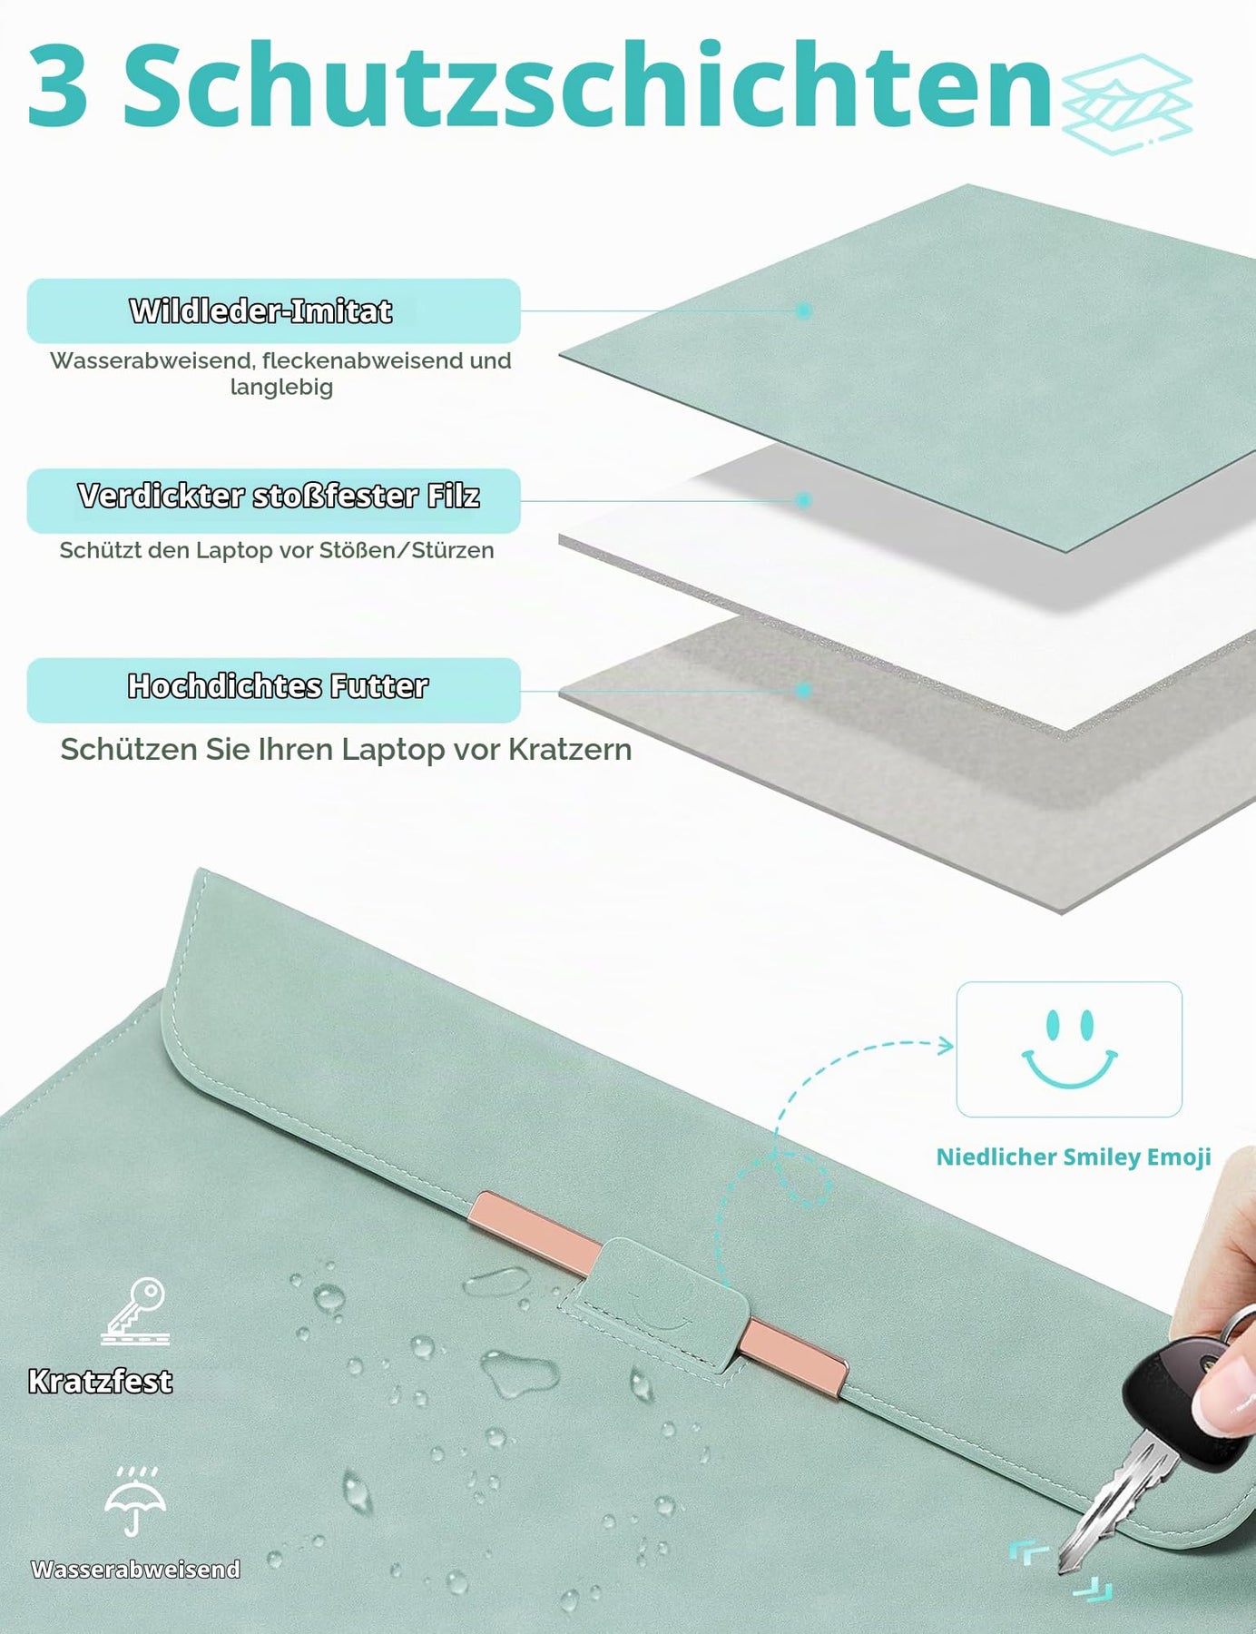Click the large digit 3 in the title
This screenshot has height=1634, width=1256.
(58, 84)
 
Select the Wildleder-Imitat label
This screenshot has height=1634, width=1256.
(260, 310)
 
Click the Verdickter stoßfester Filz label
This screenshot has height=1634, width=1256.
(279, 496)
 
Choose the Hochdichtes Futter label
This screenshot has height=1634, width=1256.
(278, 685)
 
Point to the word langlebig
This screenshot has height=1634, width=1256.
(281, 388)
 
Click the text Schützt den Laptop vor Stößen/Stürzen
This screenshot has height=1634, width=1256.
(277, 550)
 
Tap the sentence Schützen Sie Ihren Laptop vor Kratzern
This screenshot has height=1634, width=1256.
(346, 750)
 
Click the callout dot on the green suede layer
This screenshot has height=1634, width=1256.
(803, 310)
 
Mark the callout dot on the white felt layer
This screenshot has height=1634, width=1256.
(803, 500)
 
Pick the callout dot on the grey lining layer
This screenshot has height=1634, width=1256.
(803, 690)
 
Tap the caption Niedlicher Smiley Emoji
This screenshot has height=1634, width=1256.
(1074, 1157)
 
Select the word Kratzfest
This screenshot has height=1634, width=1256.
(100, 1381)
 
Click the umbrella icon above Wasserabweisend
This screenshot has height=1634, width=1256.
(135, 1501)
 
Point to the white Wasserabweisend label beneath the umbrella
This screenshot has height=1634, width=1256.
(135, 1569)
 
